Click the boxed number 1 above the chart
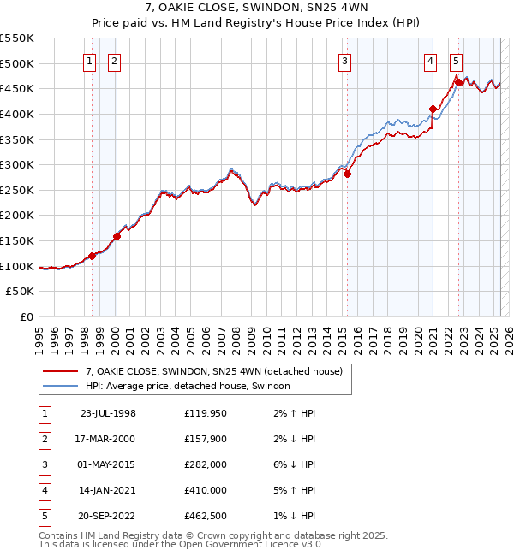pos(89,61)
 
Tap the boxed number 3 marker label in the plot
pos(344,61)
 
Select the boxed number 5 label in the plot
pos(456,61)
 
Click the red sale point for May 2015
pos(348,174)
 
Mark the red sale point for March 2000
pos(117,237)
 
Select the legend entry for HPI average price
pos(188,386)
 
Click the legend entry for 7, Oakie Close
pos(213,371)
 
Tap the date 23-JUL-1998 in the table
pos(108,414)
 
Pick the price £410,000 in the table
pos(206,491)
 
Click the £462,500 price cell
pos(206,517)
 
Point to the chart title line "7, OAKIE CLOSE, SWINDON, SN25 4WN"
pos(257,9)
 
